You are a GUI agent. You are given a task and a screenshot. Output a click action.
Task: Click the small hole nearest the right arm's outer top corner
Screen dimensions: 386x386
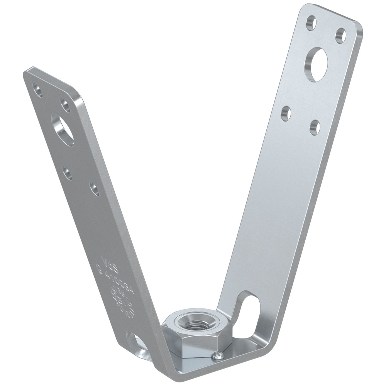340,36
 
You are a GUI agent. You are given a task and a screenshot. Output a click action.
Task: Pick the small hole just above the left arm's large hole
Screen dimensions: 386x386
65,105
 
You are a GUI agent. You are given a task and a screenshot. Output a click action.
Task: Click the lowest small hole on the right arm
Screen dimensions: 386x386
315,127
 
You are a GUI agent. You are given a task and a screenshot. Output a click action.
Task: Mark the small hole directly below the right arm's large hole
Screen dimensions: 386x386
286,113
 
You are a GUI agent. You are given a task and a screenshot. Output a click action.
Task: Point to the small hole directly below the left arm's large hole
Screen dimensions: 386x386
68,173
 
